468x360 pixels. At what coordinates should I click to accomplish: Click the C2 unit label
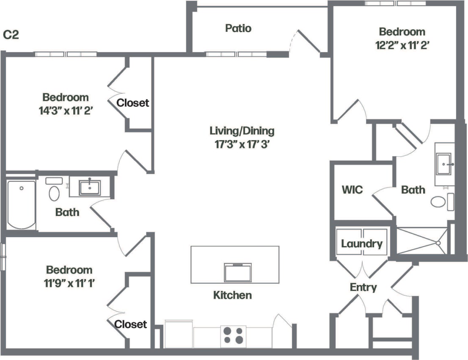[x=11, y=35]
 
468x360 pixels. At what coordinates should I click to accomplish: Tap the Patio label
[x=238, y=28]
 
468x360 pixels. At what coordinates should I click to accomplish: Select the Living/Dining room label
[x=242, y=130]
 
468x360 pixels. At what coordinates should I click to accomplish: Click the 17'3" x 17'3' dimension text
[x=242, y=144]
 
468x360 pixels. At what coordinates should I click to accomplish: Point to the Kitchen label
[x=232, y=295]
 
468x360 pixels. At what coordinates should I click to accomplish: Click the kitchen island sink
[x=238, y=272]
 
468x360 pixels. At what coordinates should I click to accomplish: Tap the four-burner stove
[x=234, y=335]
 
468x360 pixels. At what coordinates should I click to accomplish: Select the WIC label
[x=352, y=189]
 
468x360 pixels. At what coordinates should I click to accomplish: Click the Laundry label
[x=362, y=244]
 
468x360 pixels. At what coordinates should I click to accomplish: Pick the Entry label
[x=363, y=288]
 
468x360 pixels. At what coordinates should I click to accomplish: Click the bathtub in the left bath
[x=21, y=205]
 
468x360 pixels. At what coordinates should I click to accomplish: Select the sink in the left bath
[x=90, y=188]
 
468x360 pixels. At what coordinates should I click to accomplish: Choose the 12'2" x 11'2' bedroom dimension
[x=402, y=44]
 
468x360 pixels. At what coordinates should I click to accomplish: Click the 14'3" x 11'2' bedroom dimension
[x=66, y=111]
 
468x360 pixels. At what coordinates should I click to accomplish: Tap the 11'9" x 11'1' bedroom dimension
[x=69, y=283]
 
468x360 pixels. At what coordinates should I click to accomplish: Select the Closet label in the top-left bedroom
[x=133, y=102]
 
